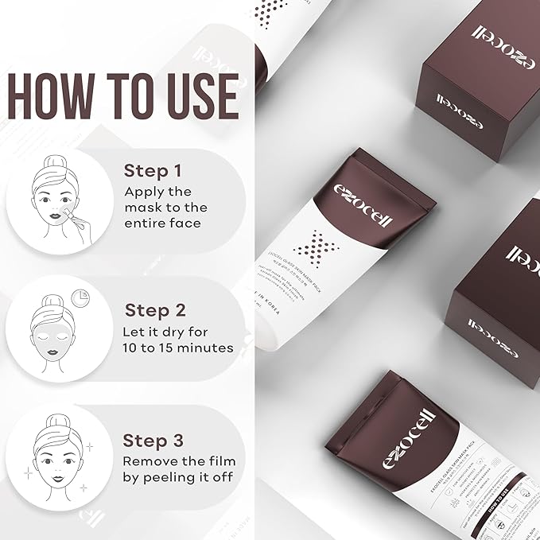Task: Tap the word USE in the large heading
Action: (x=195, y=98)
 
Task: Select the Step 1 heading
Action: (x=153, y=171)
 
